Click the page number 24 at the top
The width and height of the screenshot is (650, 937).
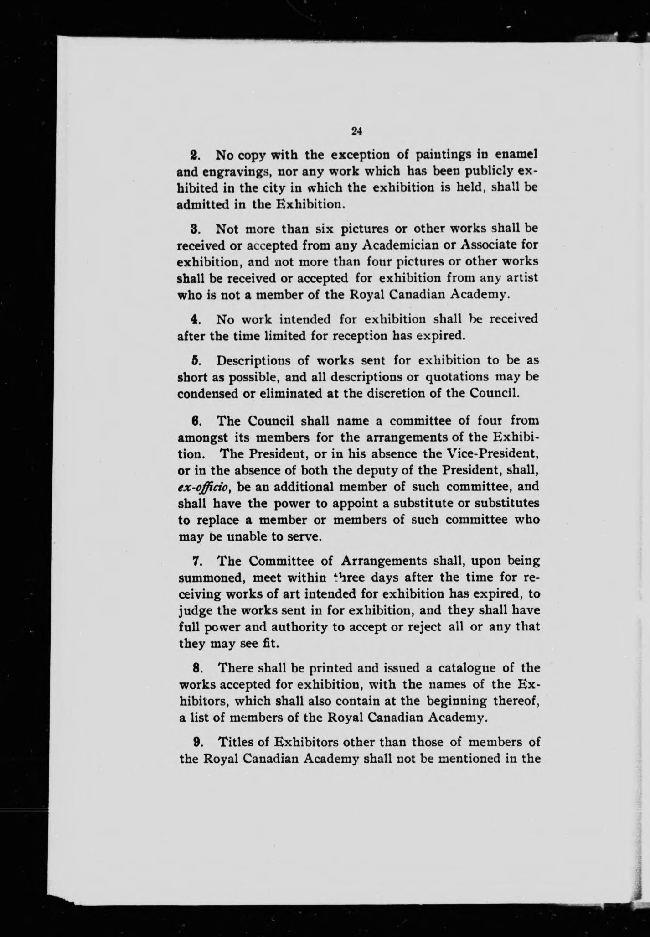[x=357, y=131]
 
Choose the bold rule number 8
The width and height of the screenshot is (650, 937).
[x=195, y=668]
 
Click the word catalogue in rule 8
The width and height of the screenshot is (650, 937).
[x=467, y=668]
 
